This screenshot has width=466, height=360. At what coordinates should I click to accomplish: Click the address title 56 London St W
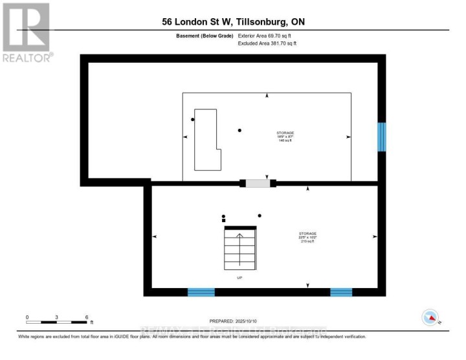pos(232,22)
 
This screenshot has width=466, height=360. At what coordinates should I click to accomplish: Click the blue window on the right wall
pos(382,137)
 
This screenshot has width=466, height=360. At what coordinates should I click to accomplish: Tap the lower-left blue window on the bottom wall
pos(201,292)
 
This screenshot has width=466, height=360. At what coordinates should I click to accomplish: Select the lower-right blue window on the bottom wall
pos(341,292)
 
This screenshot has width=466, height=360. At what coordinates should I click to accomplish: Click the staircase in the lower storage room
pos(240,249)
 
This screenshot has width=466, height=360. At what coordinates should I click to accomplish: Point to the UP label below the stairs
pos(239,278)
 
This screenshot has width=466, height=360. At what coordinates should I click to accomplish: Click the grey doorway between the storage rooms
pos(257,183)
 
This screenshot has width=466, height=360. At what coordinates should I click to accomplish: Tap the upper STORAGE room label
pos(285,136)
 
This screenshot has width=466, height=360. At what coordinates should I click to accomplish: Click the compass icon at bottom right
pos(430,317)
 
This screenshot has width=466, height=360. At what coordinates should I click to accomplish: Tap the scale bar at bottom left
pos(57,322)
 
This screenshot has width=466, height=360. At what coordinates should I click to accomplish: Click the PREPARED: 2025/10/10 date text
pos(233,321)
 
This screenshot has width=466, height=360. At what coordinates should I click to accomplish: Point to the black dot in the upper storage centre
pos(240,131)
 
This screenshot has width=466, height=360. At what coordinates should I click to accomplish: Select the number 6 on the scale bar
pos(87,317)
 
